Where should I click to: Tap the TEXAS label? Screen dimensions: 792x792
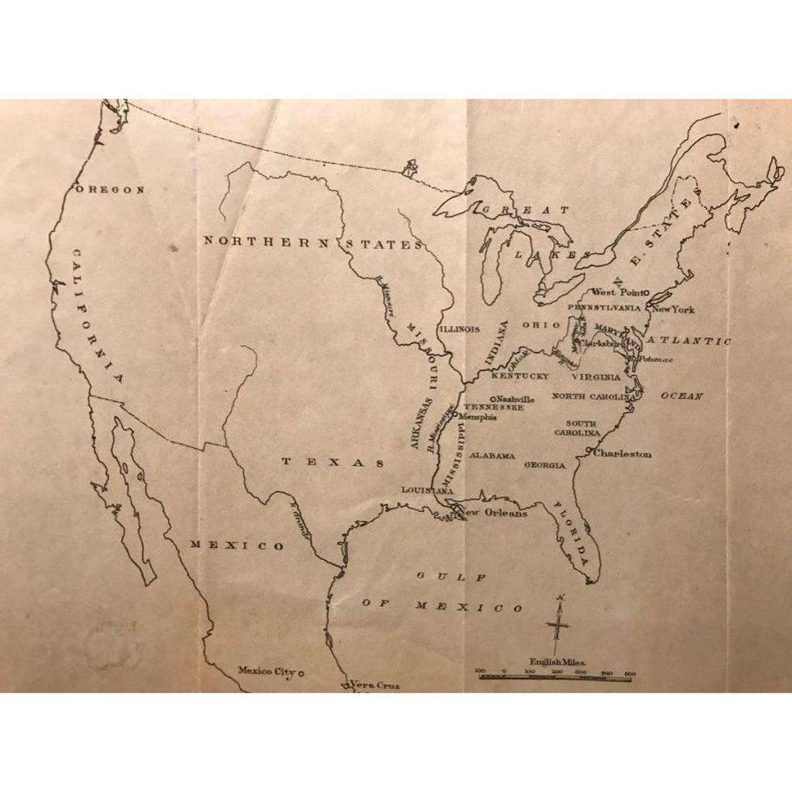333,462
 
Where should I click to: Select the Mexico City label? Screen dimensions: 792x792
266,671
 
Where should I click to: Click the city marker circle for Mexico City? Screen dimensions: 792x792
301,672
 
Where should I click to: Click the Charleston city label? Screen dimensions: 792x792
623,454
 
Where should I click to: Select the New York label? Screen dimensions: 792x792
673,310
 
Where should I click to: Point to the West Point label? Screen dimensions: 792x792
616,292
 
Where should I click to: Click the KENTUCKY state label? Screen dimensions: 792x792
520,377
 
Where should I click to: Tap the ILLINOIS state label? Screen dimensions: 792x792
459,329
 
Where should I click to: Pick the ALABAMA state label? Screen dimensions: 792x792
492,456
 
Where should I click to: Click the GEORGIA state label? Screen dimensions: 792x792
544,466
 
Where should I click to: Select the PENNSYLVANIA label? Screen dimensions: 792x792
604,307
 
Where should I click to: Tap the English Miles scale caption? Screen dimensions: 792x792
558,661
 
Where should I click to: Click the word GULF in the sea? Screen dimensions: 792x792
451,577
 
